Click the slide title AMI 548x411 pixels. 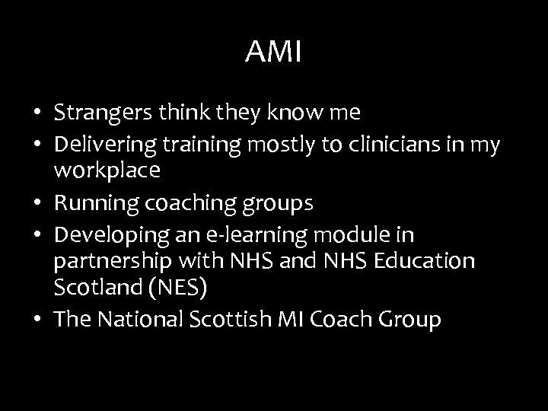coord(274,53)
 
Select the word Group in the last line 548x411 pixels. coord(409,320)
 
